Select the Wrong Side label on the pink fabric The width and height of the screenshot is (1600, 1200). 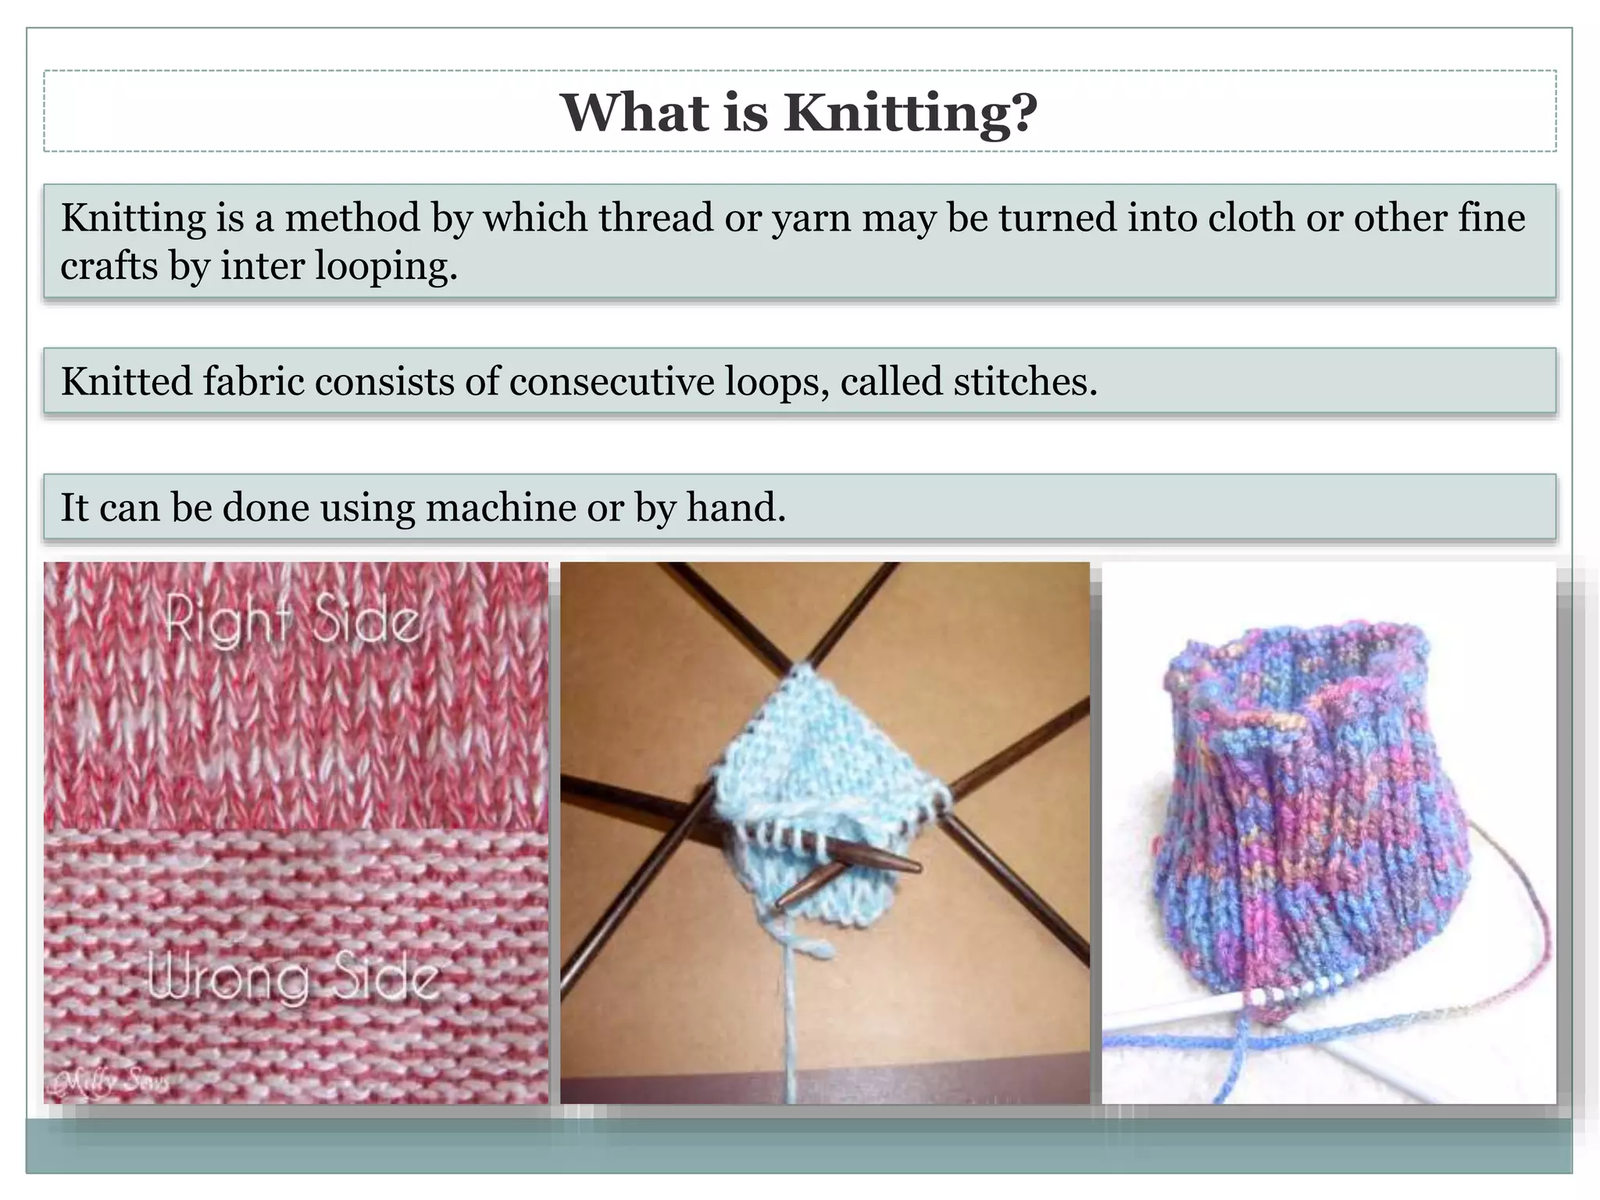pyautogui.click(x=293, y=978)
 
